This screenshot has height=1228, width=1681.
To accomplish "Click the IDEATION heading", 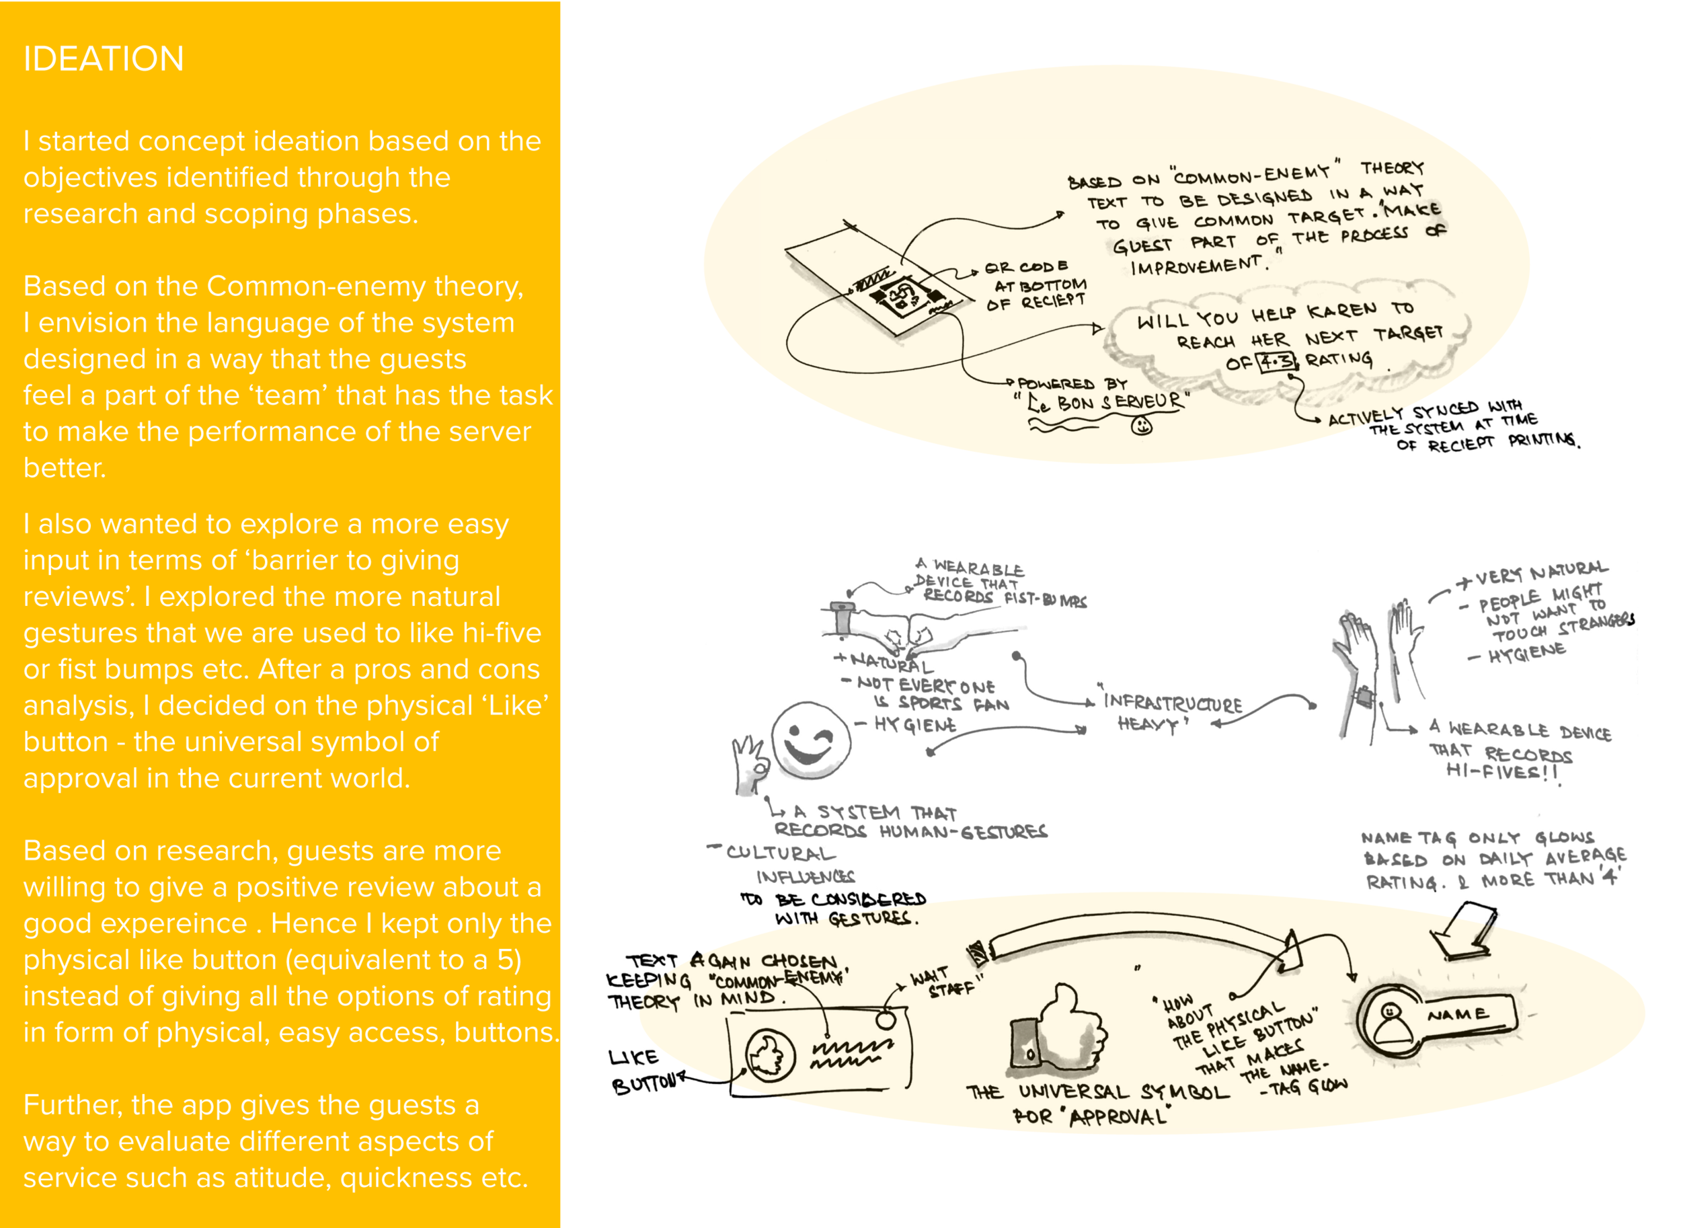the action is (104, 59).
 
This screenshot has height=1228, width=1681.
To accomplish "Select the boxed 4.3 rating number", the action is (1277, 362).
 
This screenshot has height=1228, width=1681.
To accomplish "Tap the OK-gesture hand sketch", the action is (750, 765).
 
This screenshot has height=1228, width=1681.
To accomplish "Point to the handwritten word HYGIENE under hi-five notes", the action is (1526, 652).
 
